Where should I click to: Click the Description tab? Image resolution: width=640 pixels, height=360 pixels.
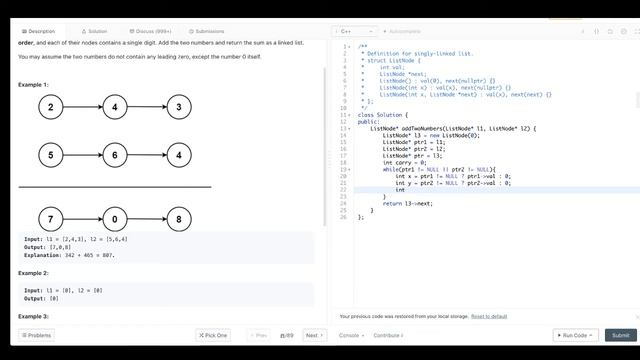[41, 31]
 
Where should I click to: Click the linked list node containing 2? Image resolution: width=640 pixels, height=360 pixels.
[50, 107]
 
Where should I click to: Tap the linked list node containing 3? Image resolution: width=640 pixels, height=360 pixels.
[178, 107]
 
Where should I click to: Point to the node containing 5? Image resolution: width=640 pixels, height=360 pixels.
[50, 155]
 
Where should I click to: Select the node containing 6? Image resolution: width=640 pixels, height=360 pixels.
[114, 155]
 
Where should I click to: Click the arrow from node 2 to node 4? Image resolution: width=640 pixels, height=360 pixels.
[82, 107]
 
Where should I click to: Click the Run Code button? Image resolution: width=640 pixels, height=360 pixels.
[574, 335]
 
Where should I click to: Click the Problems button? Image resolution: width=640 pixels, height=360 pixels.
[36, 335]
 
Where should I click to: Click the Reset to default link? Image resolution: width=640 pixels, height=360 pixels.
[489, 316]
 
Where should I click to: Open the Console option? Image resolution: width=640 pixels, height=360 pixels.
[351, 335]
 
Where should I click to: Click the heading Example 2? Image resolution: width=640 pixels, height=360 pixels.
[33, 272]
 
